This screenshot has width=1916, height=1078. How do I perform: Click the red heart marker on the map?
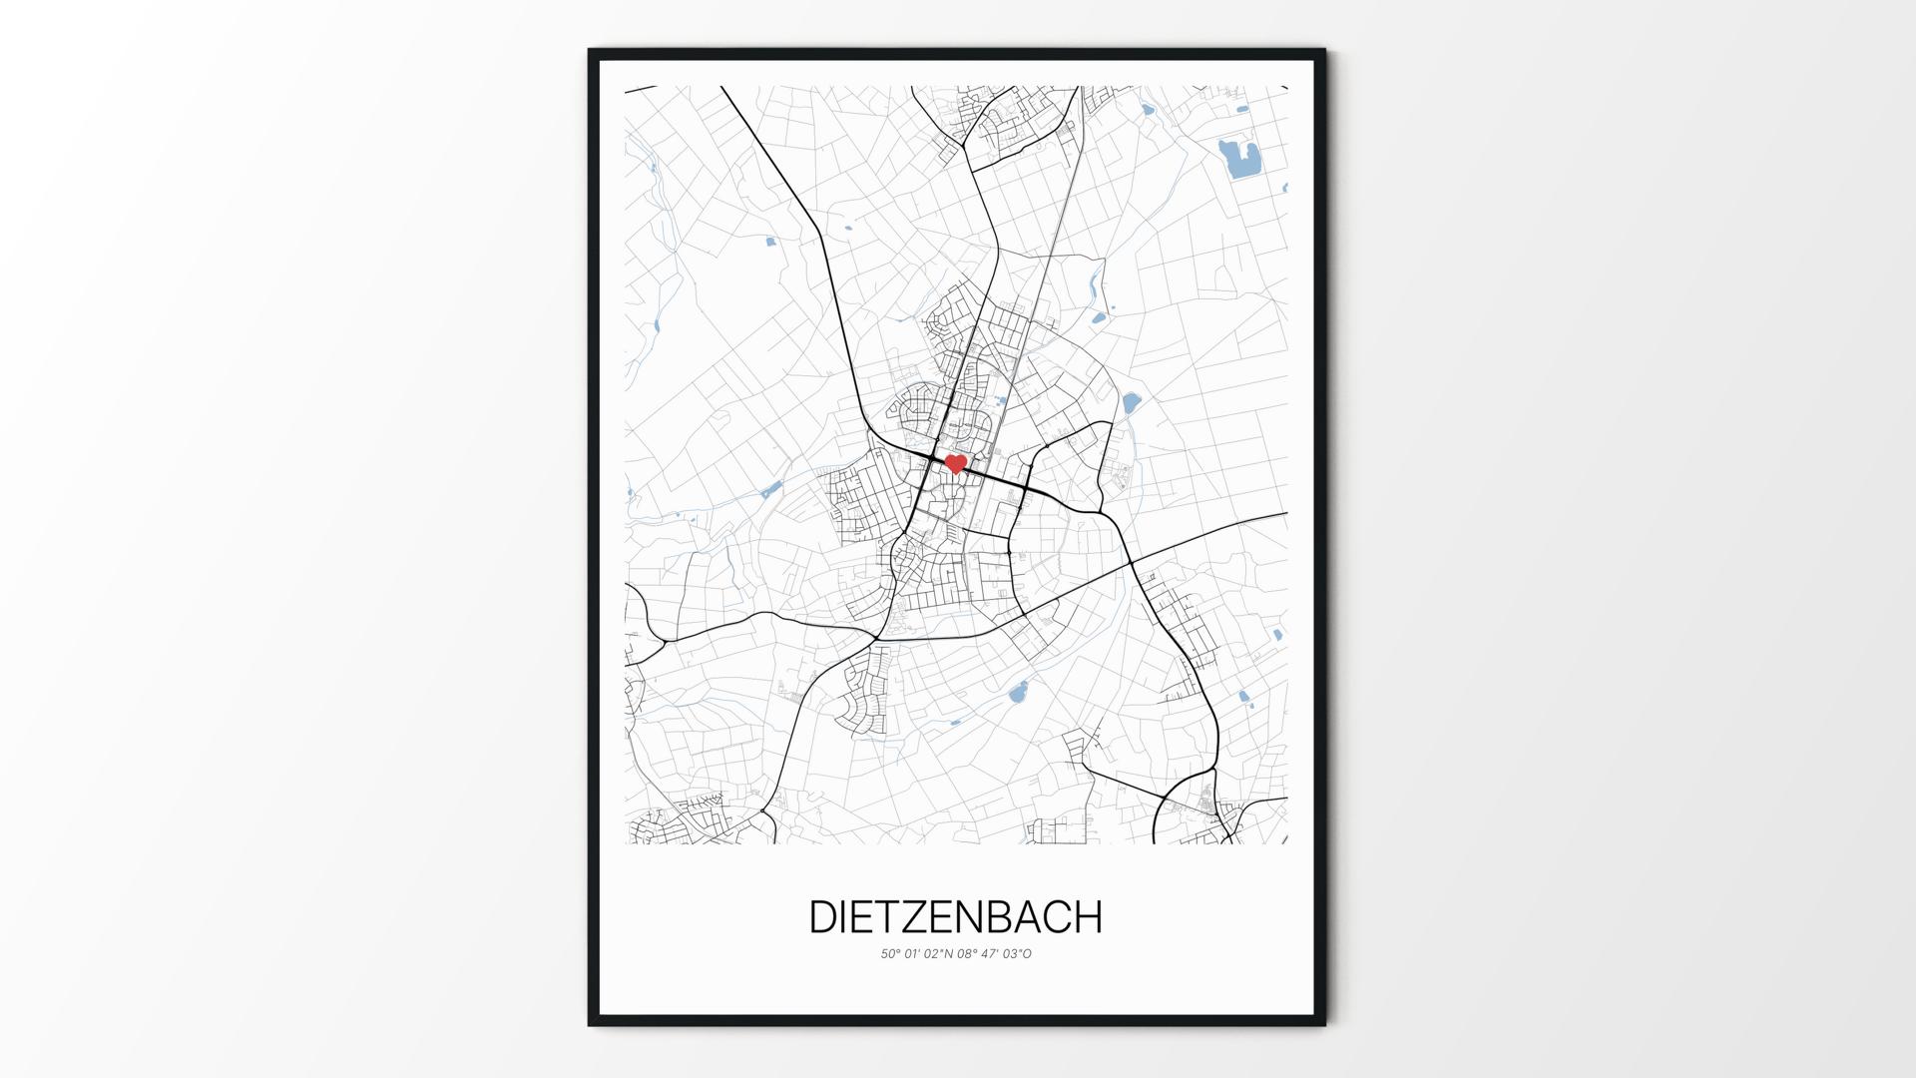point(955,463)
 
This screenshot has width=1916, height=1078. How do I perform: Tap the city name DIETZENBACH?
point(955,917)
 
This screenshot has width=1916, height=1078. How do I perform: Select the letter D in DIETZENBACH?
point(823,917)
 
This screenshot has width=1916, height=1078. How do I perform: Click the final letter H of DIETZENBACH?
point(1087,917)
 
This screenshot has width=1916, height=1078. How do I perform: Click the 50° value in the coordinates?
point(890,954)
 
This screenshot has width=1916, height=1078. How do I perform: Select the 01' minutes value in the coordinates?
point(913,954)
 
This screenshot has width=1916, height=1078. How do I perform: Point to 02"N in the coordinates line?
point(938,954)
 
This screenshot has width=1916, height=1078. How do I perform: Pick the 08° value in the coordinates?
point(967,954)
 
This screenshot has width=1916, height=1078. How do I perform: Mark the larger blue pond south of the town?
point(1018,692)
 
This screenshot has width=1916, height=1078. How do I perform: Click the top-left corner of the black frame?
point(591,51)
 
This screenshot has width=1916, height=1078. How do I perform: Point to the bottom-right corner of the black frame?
point(1323,1023)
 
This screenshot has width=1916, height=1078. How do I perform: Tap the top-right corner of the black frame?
point(1323,51)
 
